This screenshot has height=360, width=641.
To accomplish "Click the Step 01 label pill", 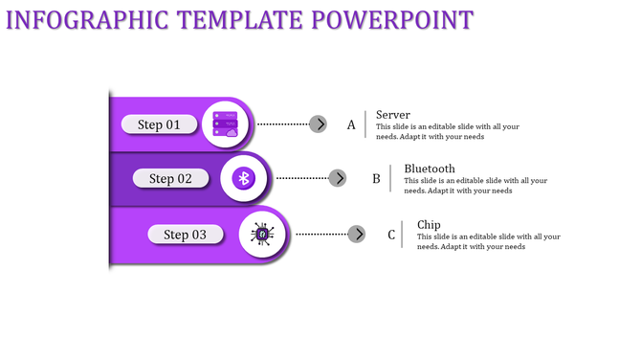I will coord(159,124).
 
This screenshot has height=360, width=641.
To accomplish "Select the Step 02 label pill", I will coord(170,178).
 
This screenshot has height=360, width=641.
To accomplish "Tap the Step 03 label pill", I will coord(186,235).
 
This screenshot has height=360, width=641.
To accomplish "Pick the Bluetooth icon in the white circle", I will coord(244,178).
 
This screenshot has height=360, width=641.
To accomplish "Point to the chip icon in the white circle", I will coord(260,235).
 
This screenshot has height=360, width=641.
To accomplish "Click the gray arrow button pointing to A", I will coord(318,124).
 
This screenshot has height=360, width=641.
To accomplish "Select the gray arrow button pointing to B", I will coord(337,178).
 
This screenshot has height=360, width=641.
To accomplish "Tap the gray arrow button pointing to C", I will coord(356,234).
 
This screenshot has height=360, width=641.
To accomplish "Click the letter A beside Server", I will coord(351,125).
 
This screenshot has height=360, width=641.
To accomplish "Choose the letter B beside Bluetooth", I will coord(376,179).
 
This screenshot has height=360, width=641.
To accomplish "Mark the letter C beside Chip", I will coord(391,235).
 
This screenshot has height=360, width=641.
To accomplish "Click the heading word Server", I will coord(393,115).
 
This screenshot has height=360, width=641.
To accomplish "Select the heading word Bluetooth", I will coord(430,169).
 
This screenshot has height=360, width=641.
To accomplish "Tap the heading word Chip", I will coord(429,225).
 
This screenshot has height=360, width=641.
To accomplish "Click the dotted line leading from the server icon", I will coord(283,124).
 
